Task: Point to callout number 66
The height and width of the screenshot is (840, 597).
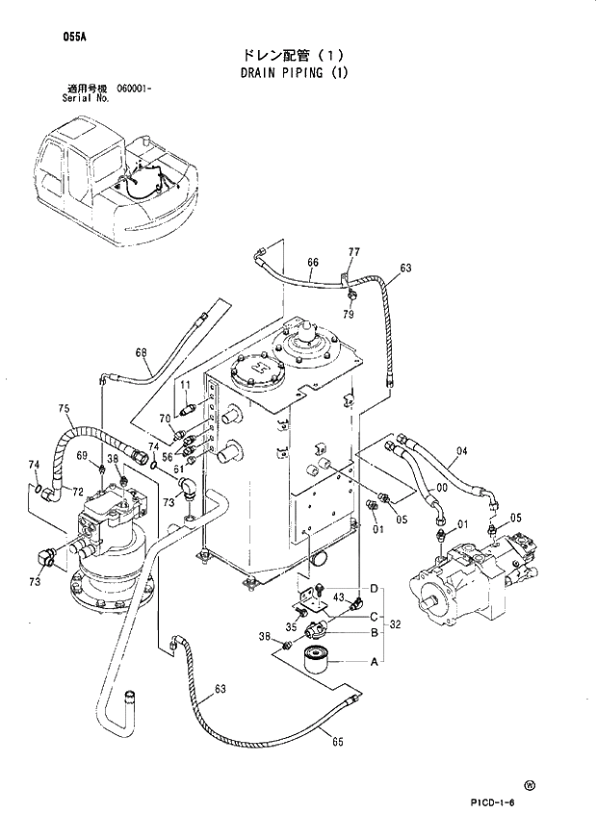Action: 313,262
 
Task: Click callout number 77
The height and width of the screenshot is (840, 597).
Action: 353,252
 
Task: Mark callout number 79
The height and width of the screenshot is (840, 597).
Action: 349,314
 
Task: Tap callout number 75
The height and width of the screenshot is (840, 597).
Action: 65,408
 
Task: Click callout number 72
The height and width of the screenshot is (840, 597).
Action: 78,493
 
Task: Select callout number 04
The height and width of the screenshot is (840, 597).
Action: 461,451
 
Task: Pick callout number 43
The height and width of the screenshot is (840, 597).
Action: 339,598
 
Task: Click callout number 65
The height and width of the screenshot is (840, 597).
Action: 338,740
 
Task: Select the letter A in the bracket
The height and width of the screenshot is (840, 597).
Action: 374,662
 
